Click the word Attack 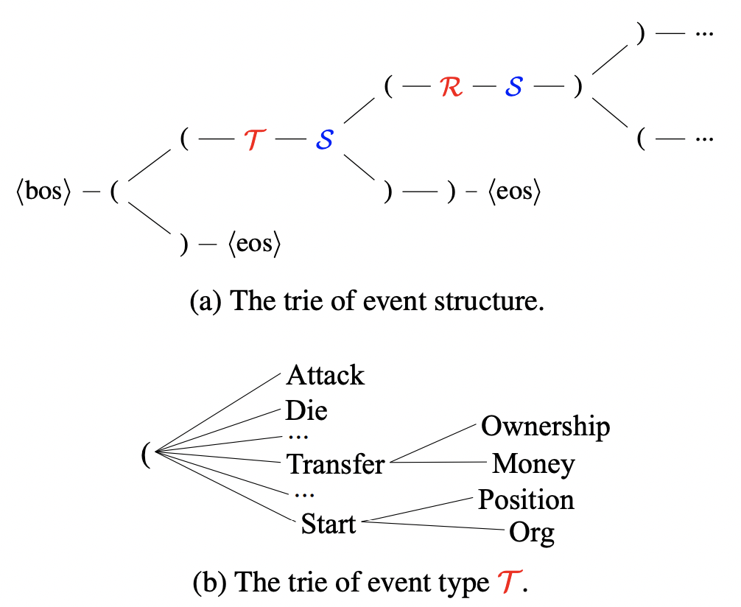325,376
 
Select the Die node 306,410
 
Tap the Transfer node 335,464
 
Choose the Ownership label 545,426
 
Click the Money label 533,464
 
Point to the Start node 329,524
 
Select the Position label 526,499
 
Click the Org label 531,532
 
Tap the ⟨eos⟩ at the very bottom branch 255,245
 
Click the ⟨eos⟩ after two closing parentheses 513,194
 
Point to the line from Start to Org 435,526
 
